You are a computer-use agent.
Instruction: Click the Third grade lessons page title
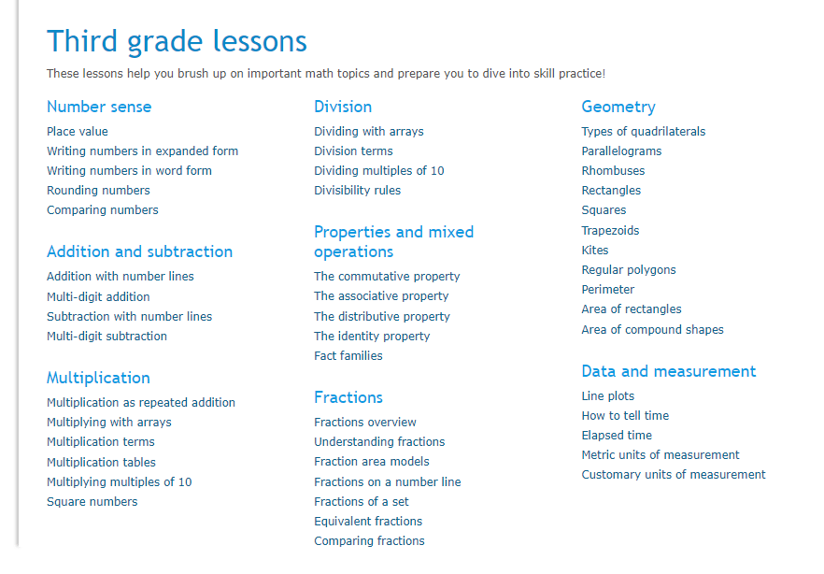click(x=177, y=42)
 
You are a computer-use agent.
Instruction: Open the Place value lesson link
click(x=78, y=132)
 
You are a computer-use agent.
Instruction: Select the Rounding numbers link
click(x=98, y=191)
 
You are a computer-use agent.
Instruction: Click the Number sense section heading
click(x=99, y=107)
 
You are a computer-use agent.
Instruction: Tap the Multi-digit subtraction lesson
click(x=107, y=337)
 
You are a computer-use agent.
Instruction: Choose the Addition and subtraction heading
click(x=139, y=251)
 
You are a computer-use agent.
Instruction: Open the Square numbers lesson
click(x=92, y=502)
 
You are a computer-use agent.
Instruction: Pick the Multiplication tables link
click(x=101, y=463)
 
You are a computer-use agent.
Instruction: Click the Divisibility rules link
click(x=357, y=191)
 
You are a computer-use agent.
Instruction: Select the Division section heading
click(x=343, y=107)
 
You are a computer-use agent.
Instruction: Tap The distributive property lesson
click(x=382, y=316)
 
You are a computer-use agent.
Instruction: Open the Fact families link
click(x=348, y=356)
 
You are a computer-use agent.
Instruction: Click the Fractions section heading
click(x=348, y=397)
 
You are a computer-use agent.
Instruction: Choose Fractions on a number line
click(x=388, y=482)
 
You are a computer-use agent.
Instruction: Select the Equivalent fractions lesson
click(x=368, y=522)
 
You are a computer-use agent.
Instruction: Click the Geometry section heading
click(x=618, y=108)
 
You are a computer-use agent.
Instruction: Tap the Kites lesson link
click(x=595, y=251)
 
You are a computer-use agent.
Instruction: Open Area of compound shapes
click(x=652, y=330)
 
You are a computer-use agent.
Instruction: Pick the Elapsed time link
click(x=617, y=436)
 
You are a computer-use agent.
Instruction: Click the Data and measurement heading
click(x=669, y=372)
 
